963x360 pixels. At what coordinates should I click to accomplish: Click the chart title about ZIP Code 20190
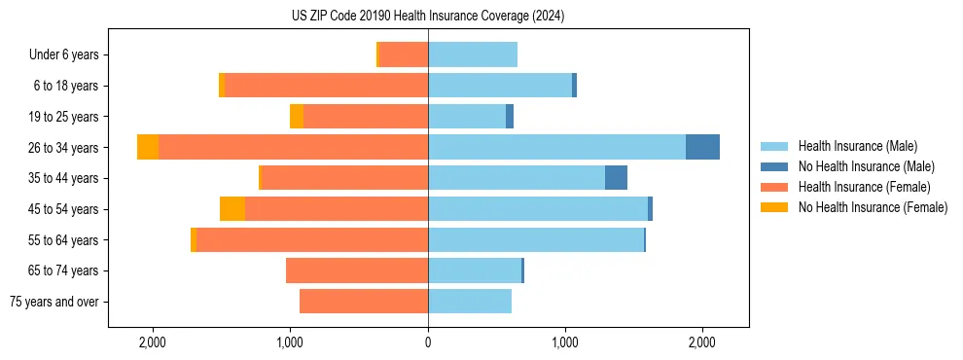[428, 17]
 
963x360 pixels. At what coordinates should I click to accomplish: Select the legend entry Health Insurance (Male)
[857, 146]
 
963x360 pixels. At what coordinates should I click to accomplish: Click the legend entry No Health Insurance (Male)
[866, 166]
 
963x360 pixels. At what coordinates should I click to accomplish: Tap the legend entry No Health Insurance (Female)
[873, 207]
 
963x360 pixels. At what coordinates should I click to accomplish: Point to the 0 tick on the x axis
[428, 342]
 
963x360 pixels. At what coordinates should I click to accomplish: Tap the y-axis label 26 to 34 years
[65, 148]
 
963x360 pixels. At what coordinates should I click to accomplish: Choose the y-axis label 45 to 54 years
[65, 209]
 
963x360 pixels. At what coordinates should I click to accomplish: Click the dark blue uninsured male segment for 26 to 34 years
[702, 147]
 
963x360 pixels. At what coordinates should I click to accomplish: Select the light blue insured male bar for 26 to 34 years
[556, 147]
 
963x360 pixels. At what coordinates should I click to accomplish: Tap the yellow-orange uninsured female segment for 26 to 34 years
[148, 147]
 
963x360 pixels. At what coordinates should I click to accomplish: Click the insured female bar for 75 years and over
[364, 302]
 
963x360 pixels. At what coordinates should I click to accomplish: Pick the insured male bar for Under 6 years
[473, 54]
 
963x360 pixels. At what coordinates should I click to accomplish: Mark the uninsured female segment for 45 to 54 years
[232, 209]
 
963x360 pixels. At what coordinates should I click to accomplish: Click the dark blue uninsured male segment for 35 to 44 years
[616, 178]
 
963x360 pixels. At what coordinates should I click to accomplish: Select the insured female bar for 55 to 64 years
[312, 239]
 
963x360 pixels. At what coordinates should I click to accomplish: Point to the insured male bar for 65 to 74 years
[475, 270]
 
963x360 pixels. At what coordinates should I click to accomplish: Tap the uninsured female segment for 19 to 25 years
[297, 117]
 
